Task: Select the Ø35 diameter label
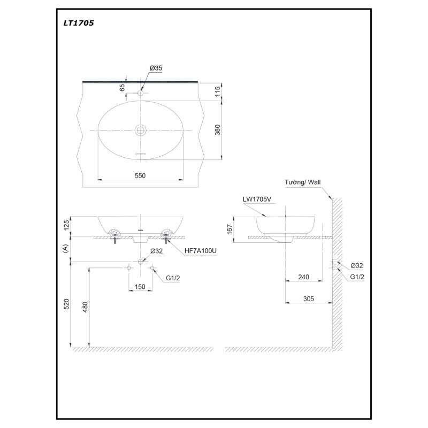[156, 68]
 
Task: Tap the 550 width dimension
[140, 175]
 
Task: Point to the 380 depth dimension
[218, 130]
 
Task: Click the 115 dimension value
[218, 91]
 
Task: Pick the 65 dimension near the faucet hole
[123, 87]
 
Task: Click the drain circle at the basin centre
[141, 130]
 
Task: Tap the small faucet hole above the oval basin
[141, 93]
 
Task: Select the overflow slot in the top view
[141, 154]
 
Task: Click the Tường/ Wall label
[302, 182]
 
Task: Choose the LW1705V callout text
[257, 199]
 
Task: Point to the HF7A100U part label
[200, 250]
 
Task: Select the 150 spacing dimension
[140, 287]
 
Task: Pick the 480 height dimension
[85, 307]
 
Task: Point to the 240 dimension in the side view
[303, 277]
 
